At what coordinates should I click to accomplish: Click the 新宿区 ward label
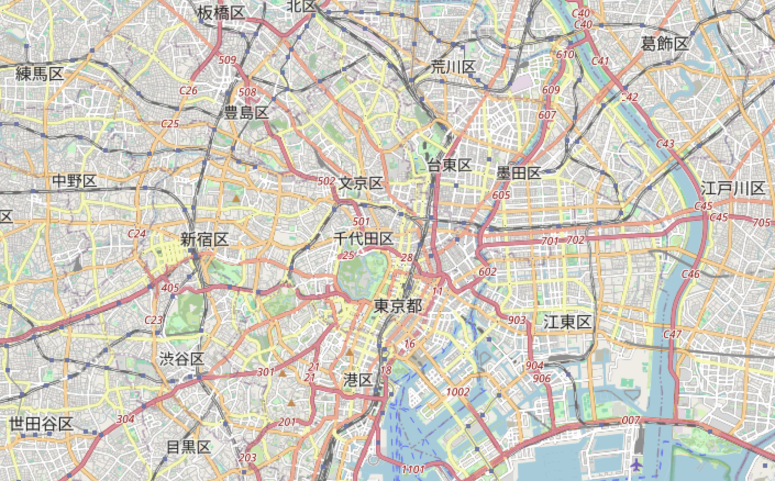click(204, 239)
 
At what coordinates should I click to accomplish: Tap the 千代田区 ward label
click(363, 239)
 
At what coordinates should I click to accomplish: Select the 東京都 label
click(398, 306)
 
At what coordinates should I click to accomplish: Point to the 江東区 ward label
click(567, 322)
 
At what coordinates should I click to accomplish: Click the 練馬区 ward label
click(40, 74)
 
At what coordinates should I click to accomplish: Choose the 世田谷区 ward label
click(41, 424)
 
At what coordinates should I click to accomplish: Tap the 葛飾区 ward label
click(665, 44)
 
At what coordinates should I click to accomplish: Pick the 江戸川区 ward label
click(732, 188)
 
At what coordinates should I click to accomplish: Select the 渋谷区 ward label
click(182, 359)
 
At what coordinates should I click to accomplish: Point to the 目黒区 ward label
click(189, 447)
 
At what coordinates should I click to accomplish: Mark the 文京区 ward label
click(361, 183)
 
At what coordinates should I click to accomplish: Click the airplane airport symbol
click(636, 465)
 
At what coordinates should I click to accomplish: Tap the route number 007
click(630, 420)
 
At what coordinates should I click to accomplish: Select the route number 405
click(170, 288)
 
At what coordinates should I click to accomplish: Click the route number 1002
click(457, 391)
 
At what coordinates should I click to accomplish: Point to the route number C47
click(672, 334)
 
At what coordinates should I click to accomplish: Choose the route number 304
click(125, 419)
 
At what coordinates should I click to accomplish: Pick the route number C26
click(188, 90)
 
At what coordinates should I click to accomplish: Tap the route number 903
click(517, 320)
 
